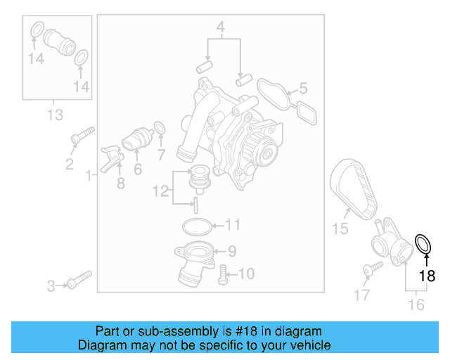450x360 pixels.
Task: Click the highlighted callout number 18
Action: pyautogui.click(x=427, y=276)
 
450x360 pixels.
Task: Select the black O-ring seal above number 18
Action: pyautogui.click(x=424, y=244)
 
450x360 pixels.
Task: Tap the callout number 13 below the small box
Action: pyautogui.click(x=55, y=115)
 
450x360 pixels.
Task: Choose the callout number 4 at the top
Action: pyautogui.click(x=221, y=28)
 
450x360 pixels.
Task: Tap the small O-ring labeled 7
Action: pyautogui.click(x=160, y=128)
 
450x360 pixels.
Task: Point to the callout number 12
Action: pyautogui.click(x=160, y=190)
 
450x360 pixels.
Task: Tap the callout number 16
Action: pyautogui.click(x=416, y=304)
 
